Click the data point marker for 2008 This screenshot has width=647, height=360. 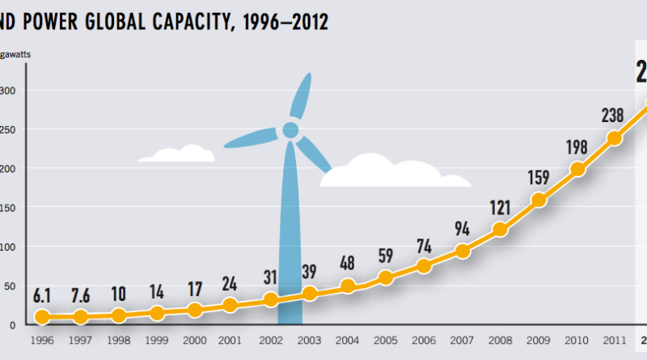coord(500,230)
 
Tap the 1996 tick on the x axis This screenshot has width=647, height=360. coord(41,340)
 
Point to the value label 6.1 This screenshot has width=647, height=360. coord(42,295)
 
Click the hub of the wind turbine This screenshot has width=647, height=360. coord(290,130)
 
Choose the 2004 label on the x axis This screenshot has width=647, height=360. coord(348,340)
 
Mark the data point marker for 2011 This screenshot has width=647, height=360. coord(615,138)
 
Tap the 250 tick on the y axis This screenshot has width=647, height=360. coord(8,129)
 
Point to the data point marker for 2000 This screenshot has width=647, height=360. coord(195,310)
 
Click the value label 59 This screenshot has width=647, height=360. coord(387,257)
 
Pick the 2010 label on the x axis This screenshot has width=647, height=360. coord(577,340)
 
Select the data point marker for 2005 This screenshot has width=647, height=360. coord(386,278)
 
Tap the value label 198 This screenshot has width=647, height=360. coord(577,147)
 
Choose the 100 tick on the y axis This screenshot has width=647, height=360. coord(8,247)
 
